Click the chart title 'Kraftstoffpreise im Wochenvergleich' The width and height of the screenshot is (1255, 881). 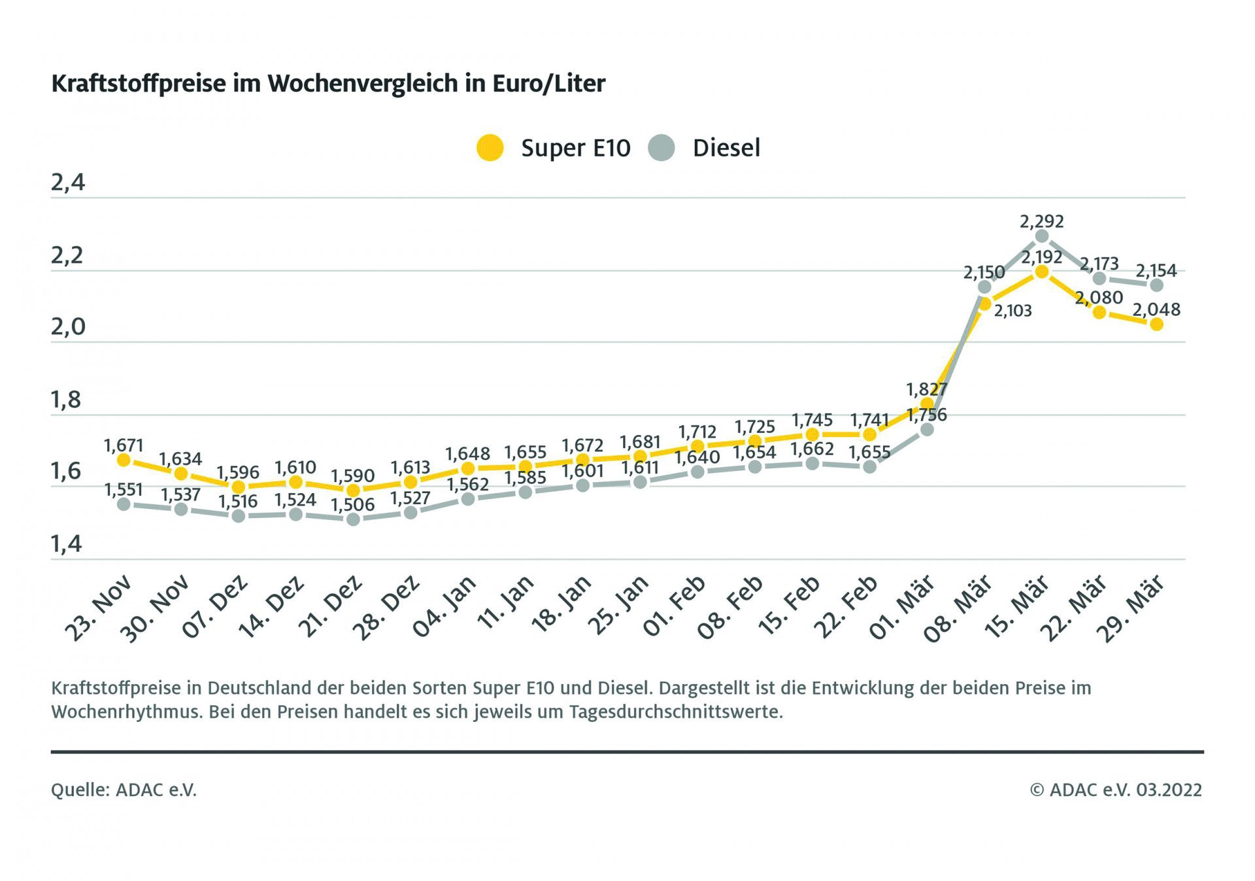click(x=328, y=84)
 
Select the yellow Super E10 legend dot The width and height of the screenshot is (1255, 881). click(x=490, y=148)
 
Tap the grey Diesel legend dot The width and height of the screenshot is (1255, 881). click(x=661, y=148)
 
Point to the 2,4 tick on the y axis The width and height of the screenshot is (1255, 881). click(x=68, y=182)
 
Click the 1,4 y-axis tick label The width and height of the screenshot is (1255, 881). click(x=67, y=544)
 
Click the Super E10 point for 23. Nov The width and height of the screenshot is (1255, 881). click(x=124, y=460)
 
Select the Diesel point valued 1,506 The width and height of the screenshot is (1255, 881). click(x=353, y=519)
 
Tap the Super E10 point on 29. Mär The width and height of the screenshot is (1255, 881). click(x=1156, y=324)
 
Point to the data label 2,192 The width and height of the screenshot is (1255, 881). click(x=1042, y=257)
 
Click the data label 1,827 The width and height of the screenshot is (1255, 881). click(x=926, y=389)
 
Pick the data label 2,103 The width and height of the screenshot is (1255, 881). click(x=1012, y=311)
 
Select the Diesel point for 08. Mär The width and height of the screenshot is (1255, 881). click(x=984, y=287)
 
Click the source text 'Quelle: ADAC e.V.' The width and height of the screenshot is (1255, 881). click(x=124, y=790)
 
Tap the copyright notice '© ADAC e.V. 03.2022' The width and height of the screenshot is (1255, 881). click(x=1116, y=790)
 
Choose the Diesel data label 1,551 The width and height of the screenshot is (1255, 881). click(x=124, y=490)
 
